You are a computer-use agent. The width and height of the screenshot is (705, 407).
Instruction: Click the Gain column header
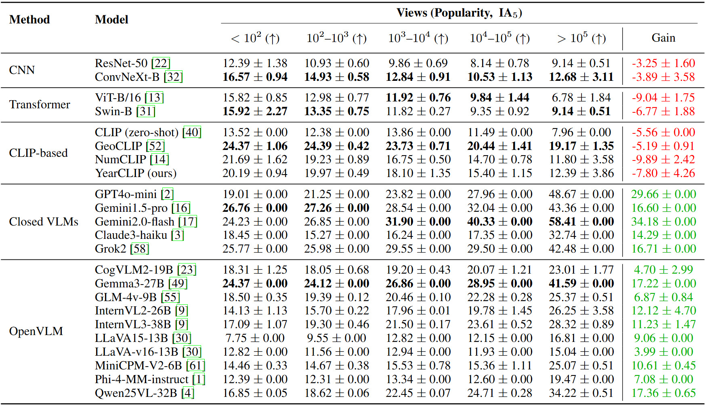(x=663, y=38)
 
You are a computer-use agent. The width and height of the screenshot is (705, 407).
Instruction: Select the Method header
(x=29, y=19)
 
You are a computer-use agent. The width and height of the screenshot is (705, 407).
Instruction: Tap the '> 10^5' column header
(x=581, y=38)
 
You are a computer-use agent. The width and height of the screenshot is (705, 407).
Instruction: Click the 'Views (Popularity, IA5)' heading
(x=459, y=13)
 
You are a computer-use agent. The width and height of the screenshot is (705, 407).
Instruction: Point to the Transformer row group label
(x=40, y=104)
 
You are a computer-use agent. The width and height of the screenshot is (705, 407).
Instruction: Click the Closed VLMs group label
(x=44, y=221)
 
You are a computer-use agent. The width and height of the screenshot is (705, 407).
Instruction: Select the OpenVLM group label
(x=36, y=331)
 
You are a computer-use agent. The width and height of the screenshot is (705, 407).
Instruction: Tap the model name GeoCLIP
(x=118, y=146)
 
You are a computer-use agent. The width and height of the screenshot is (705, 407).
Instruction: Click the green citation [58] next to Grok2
(x=139, y=249)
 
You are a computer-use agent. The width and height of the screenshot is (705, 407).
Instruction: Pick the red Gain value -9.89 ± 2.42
(x=663, y=160)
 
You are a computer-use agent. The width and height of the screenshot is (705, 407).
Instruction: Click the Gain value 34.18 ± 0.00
(x=663, y=221)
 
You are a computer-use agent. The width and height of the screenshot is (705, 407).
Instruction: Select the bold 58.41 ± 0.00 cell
(x=581, y=221)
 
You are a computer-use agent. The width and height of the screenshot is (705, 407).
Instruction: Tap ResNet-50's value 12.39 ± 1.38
(x=255, y=63)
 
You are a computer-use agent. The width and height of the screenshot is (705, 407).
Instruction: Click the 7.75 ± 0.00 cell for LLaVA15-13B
(x=255, y=338)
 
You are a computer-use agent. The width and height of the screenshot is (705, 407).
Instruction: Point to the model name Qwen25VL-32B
(x=136, y=393)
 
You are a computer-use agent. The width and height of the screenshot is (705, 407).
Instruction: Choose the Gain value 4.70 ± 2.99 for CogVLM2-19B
(x=663, y=270)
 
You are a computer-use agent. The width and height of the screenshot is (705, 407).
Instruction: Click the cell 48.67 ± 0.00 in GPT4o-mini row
(x=581, y=194)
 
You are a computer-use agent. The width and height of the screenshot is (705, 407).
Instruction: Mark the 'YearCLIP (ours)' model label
(x=136, y=173)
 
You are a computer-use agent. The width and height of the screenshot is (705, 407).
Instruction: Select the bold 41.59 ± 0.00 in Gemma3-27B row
(x=581, y=283)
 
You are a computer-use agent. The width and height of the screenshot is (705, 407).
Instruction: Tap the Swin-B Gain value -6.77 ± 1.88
(x=663, y=111)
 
